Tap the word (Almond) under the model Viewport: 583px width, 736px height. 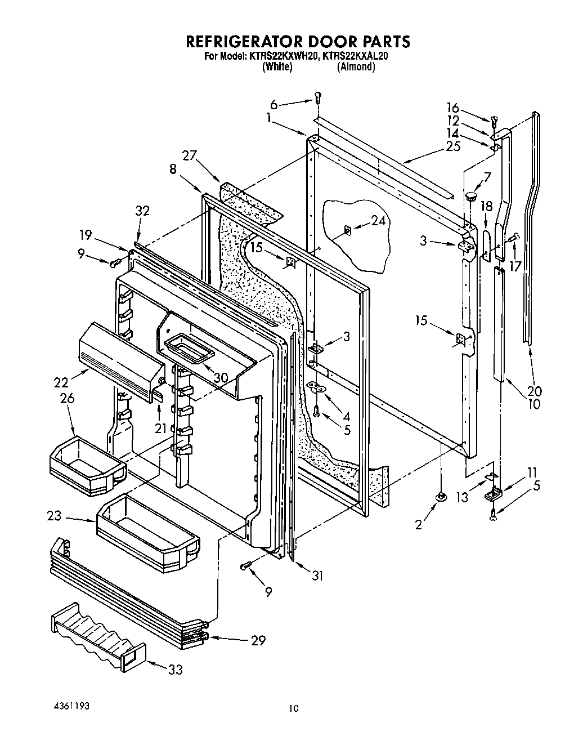click(x=356, y=67)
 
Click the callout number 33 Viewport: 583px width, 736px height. click(x=175, y=670)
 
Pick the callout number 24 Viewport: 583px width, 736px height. click(x=379, y=221)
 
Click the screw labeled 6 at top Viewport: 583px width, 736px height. click(x=317, y=97)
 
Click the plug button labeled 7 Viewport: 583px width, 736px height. click(x=470, y=197)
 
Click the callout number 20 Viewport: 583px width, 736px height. click(x=535, y=391)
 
